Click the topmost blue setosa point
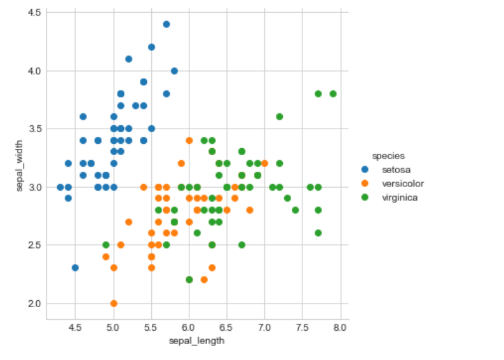pos(167,24)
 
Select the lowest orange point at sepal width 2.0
pos(114,303)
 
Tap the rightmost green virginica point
pos(333,94)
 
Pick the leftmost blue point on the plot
pos(60,187)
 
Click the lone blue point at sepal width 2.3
pos(76,268)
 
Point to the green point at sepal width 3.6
pos(280,117)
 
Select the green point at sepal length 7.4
pos(295,210)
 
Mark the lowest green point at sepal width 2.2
pos(189,280)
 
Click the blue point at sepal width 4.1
pos(128,59)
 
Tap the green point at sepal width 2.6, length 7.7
pos(318,233)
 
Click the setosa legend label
pos(395,170)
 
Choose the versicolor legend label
pos(402,184)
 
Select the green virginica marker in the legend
pos(365,198)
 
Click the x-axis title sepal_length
pos(196,342)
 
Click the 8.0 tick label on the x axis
pos(340,328)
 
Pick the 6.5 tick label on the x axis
pos(227,328)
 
